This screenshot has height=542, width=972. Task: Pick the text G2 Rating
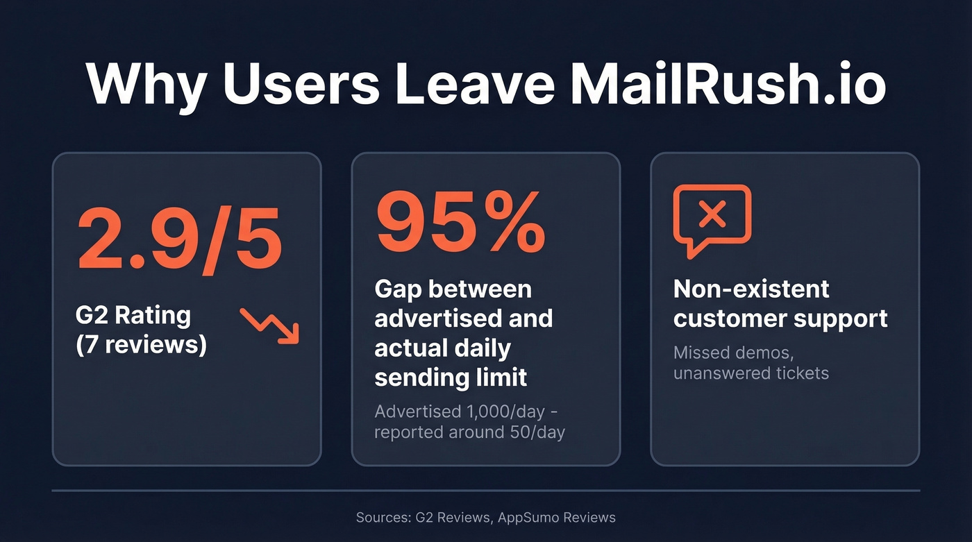click(133, 315)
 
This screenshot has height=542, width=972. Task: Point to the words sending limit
click(451, 378)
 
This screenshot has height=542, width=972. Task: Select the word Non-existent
click(751, 289)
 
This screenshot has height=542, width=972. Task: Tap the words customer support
click(780, 319)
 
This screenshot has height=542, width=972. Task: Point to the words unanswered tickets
click(751, 373)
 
